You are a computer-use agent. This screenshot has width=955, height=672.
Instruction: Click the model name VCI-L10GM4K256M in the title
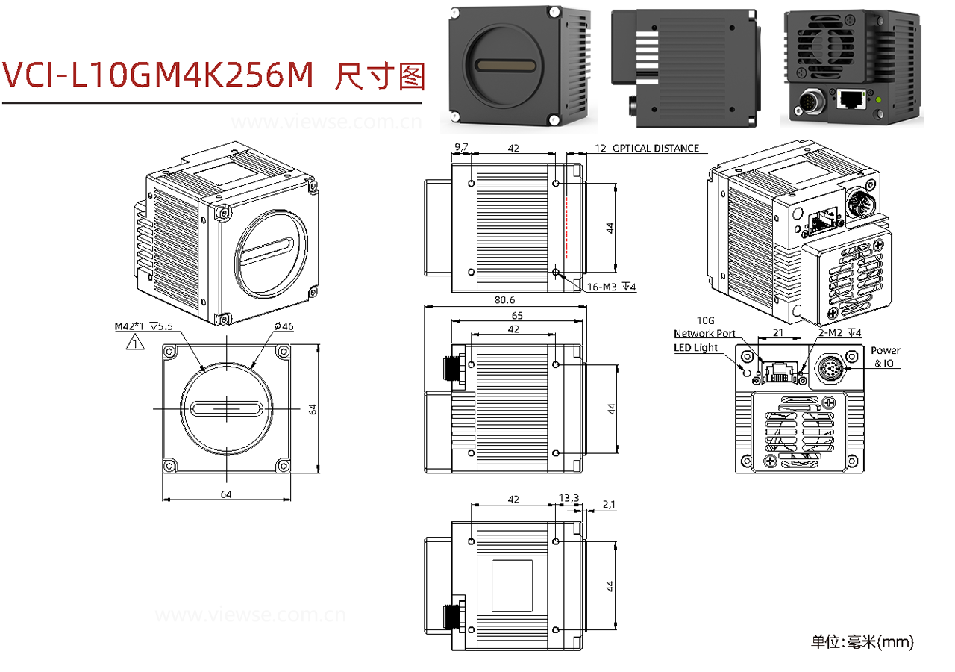tap(158, 75)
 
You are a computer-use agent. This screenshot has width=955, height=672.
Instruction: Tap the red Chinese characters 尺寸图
tap(381, 75)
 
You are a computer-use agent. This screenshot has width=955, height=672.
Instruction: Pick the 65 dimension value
tap(516, 315)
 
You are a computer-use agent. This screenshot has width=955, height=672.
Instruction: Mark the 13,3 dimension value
tap(568, 498)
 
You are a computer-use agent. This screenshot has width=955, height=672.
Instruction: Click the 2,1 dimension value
tap(608, 505)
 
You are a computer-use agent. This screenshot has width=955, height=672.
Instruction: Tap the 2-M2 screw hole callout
tap(839, 332)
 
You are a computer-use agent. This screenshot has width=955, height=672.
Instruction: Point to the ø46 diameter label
tap(284, 326)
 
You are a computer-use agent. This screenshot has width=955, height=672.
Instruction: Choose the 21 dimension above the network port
tap(777, 332)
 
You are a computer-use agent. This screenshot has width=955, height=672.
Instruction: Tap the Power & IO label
tap(885, 357)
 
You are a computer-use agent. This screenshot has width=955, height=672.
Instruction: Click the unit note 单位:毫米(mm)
tap(862, 641)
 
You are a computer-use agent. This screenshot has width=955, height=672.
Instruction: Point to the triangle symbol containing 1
tap(134, 343)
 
